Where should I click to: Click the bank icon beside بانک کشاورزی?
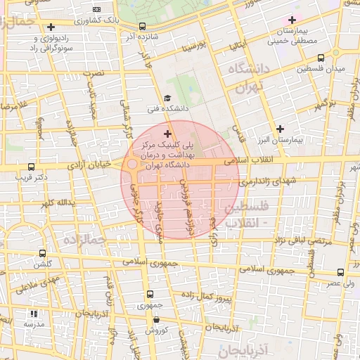[96, 10]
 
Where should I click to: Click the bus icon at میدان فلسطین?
[321, 58]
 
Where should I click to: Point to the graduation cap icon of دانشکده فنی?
[167, 98]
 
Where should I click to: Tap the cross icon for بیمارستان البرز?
[281, 128]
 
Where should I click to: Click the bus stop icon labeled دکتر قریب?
[30, 167]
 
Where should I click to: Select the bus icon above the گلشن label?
[43, 253]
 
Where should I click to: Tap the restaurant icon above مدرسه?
[32, 314]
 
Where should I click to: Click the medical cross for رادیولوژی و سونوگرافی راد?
[51, 27]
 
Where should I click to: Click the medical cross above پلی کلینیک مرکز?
[167, 133]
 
